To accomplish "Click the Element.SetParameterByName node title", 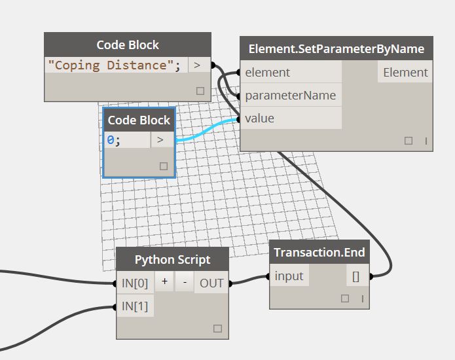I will (x=336, y=49).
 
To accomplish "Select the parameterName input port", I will (x=290, y=96).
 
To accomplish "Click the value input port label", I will (x=260, y=118).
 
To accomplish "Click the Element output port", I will (x=405, y=73).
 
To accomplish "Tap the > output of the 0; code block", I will (x=161, y=140).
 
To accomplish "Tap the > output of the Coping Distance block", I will (x=198, y=65).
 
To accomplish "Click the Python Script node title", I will (x=172, y=259).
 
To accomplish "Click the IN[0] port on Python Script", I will (x=135, y=283).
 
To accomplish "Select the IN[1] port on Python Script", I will (x=135, y=306).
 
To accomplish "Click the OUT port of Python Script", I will (x=211, y=283).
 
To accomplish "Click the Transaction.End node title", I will (x=319, y=253).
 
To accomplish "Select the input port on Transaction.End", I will (x=289, y=276).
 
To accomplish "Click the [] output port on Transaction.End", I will (x=355, y=276).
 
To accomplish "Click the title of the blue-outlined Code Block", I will (x=139, y=120).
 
